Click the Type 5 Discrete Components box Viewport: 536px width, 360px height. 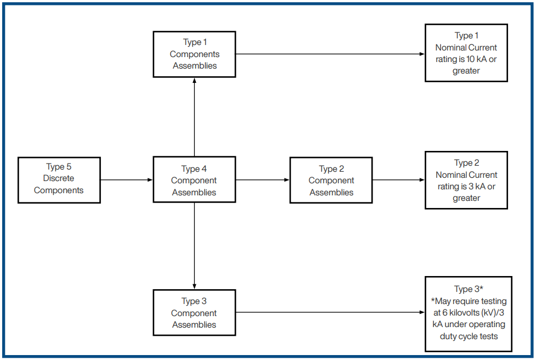(59, 179)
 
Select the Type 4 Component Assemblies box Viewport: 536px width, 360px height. (194, 181)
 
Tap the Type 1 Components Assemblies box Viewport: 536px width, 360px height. (194, 54)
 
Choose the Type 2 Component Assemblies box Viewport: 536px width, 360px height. (331, 181)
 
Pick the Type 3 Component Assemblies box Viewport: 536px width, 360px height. (194, 313)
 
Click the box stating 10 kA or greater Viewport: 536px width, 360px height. (466, 53)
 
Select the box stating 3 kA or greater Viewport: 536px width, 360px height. (466, 181)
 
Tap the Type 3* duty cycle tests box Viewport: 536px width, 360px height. (468, 313)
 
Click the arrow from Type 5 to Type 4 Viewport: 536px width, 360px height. (126, 180)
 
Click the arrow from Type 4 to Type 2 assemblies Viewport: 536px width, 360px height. (262, 180)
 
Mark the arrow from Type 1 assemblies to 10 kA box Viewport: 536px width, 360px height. (330, 54)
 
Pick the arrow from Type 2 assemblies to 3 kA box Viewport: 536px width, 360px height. (398, 180)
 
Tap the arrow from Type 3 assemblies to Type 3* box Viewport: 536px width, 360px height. (330, 313)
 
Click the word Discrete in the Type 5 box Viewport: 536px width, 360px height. (59, 178)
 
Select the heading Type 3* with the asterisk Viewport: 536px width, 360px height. (468, 290)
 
